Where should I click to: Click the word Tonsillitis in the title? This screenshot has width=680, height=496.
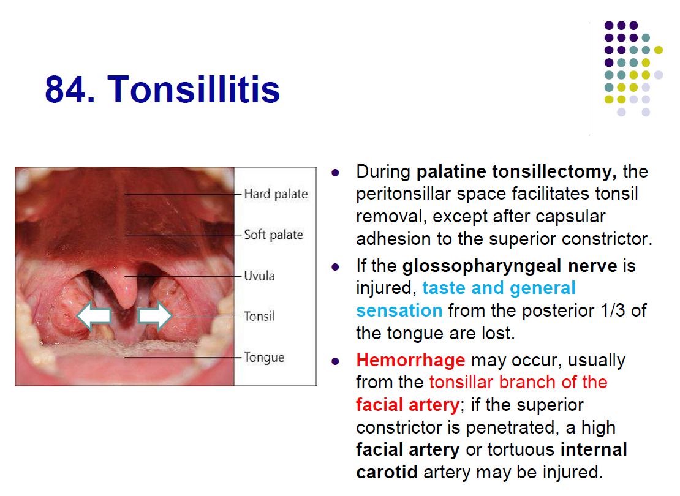pyautogui.click(x=194, y=89)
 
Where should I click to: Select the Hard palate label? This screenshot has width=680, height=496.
pyautogui.click(x=276, y=194)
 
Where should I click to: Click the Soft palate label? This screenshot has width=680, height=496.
pyautogui.click(x=274, y=235)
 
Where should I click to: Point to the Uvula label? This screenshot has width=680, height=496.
pyautogui.click(x=259, y=276)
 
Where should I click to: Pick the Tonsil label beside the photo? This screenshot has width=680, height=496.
pyautogui.click(x=259, y=316)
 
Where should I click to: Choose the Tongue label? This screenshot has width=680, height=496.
pyautogui.click(x=264, y=358)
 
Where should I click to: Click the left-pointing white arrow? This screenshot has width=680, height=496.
pyautogui.click(x=94, y=315)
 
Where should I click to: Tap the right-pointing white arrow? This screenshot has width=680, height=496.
pyautogui.click(x=155, y=315)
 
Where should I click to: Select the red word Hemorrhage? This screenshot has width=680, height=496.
pyautogui.click(x=410, y=360)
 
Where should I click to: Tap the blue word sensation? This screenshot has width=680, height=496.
pyautogui.click(x=399, y=310)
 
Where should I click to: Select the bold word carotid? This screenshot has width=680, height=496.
pyautogui.click(x=387, y=472)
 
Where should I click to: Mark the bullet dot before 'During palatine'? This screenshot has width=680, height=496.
pyautogui.click(x=335, y=173)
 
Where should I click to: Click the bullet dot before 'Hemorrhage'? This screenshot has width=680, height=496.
pyautogui.click(x=335, y=361)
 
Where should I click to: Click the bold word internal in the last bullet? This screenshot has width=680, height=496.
pyautogui.click(x=594, y=449)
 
